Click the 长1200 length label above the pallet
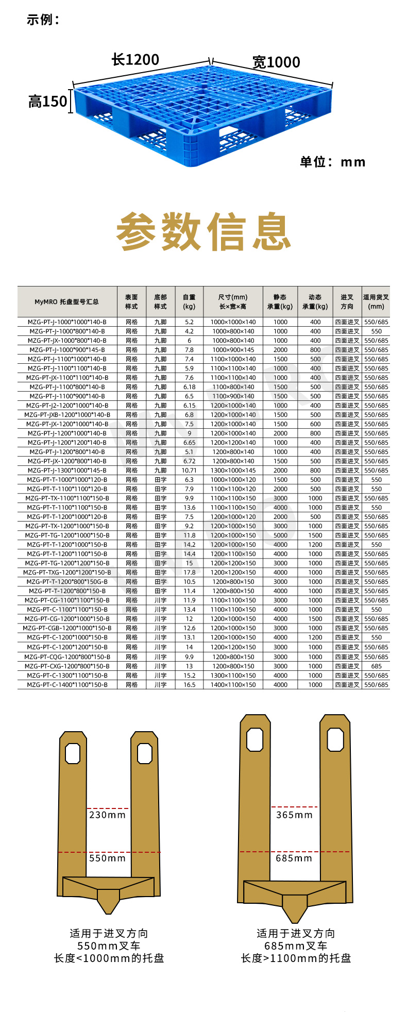(x=135, y=60)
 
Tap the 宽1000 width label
(x=276, y=62)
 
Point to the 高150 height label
(x=48, y=101)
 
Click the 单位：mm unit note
(x=333, y=162)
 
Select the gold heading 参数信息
(x=203, y=231)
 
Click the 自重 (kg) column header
(x=189, y=301)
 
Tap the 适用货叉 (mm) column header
(x=376, y=301)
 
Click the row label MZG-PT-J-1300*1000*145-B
(x=67, y=470)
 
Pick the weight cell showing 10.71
(x=189, y=470)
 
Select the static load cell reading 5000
(x=280, y=535)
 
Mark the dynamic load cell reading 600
(x=315, y=424)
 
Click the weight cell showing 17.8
(x=189, y=572)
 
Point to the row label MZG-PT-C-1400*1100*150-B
(x=67, y=685)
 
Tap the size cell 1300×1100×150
(x=233, y=676)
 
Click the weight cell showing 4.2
(x=189, y=331)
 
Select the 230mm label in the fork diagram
(x=107, y=815)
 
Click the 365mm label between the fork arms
(x=294, y=815)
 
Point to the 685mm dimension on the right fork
(x=294, y=858)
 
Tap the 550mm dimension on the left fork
(x=107, y=858)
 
